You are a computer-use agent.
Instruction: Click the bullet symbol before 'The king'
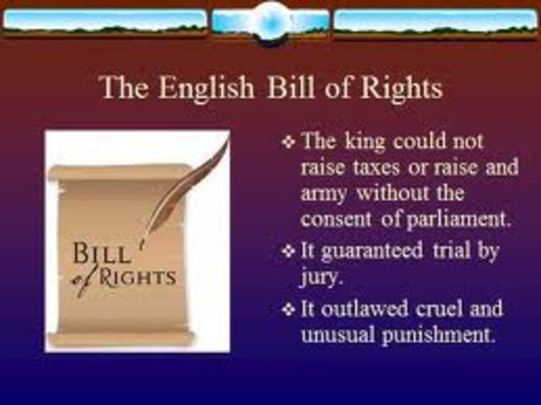(x=287, y=141)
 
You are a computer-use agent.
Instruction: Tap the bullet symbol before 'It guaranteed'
(x=287, y=251)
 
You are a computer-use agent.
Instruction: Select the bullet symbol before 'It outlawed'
(x=287, y=308)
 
